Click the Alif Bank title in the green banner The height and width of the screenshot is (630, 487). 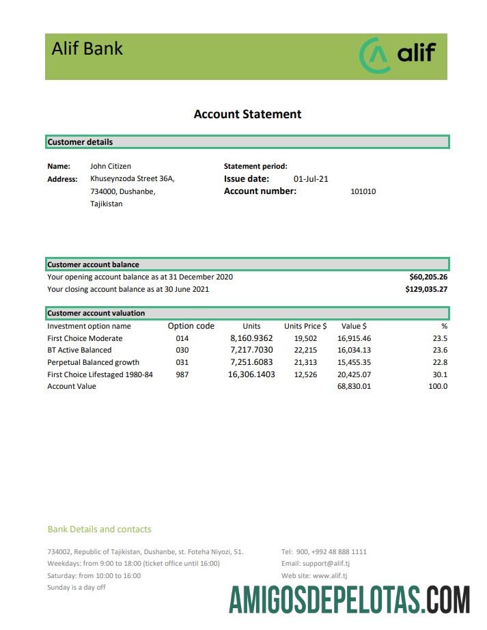pos(87,49)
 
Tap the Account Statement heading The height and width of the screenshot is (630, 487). pos(247,114)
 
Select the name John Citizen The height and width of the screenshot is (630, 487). pos(111,166)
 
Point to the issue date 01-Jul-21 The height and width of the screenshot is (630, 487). pos(311,179)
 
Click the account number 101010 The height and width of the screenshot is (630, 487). pos(363,192)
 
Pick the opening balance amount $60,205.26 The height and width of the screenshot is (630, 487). pos(428,277)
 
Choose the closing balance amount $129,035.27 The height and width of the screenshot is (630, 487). pos(426,289)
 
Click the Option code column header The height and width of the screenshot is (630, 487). pos(191,326)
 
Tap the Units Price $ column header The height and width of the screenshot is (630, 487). pos(305,326)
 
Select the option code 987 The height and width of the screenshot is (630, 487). pos(182,374)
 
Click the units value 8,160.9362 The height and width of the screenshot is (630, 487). pos(251,338)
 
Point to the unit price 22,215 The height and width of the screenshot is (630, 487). pos(305,351)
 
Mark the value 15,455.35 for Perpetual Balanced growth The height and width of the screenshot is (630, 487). pos(354,362)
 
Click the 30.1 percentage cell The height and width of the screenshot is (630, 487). pos(440,374)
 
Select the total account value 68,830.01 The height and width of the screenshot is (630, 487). pos(354,387)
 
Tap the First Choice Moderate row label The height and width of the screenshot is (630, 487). pos(85,338)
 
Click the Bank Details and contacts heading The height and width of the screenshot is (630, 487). pos(100,529)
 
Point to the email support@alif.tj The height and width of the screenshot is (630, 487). pos(316,564)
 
